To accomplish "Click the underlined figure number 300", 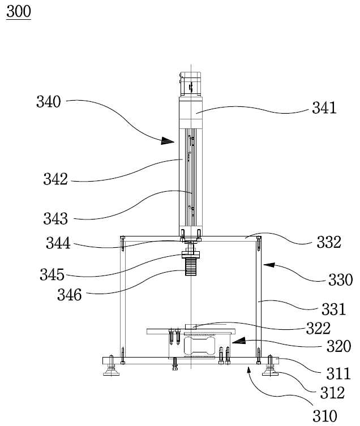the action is [x=19, y=12].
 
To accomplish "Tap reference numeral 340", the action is [x=49, y=102].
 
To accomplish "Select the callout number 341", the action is [x=324, y=108].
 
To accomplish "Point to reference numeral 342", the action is [x=55, y=179].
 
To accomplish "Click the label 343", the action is [x=55, y=219].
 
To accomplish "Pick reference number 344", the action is [x=58, y=243].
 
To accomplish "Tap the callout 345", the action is [x=52, y=274].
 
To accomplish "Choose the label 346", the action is [x=69, y=295].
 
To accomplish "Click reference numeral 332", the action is [x=329, y=242].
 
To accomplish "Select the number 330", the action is [x=340, y=280].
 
